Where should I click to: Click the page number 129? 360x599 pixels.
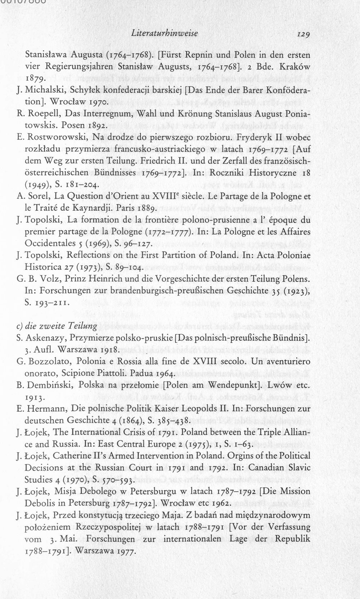pyautogui.click(x=303, y=34)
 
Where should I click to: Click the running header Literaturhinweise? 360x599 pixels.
pyautogui.click(x=165, y=33)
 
